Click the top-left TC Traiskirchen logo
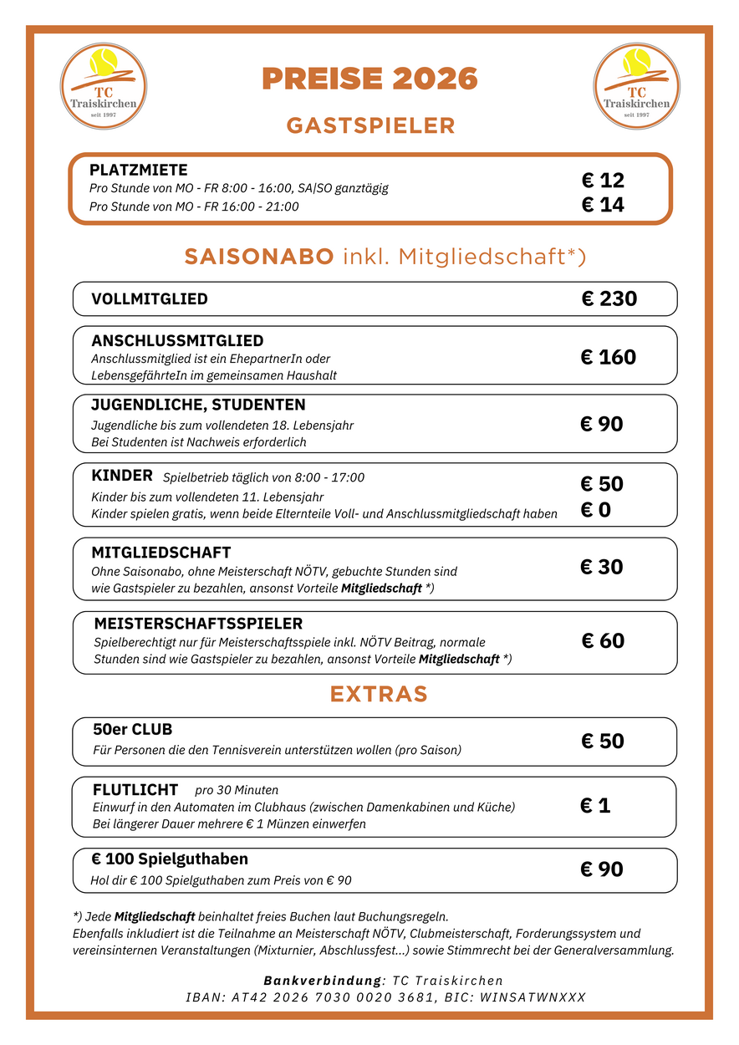pos(104,87)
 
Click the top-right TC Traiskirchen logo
pos(636,87)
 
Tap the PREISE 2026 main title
pos(369,79)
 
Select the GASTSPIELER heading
pos(370,125)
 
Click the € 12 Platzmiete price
pos(603,181)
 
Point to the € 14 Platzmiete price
pos(603,205)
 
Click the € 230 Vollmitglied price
pos(609,298)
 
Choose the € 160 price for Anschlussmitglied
pos(608,357)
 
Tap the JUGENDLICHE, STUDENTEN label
pos(198,405)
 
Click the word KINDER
pos(122,476)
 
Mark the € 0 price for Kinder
pos(595,510)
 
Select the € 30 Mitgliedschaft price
pos(602,567)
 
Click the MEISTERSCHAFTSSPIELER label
pos(198,624)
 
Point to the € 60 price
pos(603,641)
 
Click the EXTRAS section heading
pos(379,694)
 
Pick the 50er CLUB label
pos(132,730)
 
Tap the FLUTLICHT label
pos(135,790)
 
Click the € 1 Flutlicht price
pos(595,806)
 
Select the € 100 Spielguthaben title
pos(170,859)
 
